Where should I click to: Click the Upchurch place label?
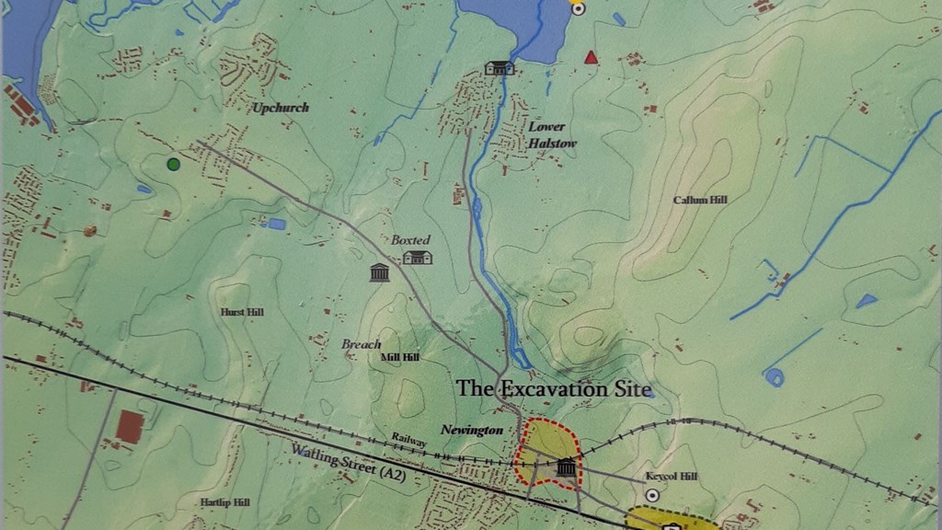tap(281, 108)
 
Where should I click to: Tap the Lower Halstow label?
tap(546, 135)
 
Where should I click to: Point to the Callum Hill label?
tap(700, 200)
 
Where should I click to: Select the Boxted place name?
tap(410, 240)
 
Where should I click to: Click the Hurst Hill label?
tap(243, 313)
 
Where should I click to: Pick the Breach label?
tap(361, 344)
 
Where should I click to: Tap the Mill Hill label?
tap(400, 357)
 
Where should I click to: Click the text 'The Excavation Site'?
tap(555, 389)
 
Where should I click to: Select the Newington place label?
tap(471, 430)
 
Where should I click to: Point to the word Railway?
tap(408, 441)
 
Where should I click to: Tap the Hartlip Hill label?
tap(224, 502)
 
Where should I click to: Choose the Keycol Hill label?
tap(672, 477)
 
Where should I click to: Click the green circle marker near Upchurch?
tap(173, 164)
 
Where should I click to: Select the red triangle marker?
tap(591, 58)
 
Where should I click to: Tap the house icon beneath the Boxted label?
tap(418, 258)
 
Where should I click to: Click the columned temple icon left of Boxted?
tap(379, 272)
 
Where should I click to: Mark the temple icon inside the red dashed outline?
tap(566, 467)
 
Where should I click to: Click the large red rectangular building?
tap(131, 427)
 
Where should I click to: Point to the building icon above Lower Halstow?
tap(499, 67)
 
